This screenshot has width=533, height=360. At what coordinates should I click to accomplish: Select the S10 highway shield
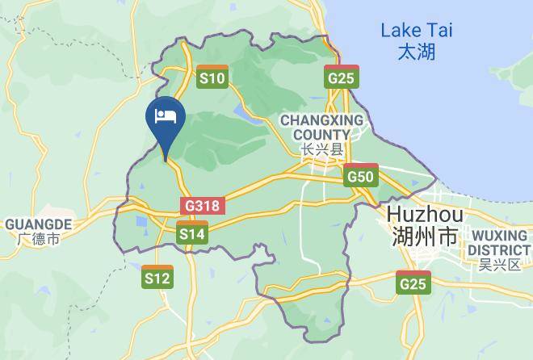click(x=213, y=77)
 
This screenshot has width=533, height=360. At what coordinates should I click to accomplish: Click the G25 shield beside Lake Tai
click(x=342, y=77)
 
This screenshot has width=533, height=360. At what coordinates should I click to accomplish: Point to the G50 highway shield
click(x=360, y=175)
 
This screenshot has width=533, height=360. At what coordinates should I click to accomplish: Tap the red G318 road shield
click(x=201, y=205)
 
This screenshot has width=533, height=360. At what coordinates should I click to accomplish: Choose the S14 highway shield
click(x=191, y=232)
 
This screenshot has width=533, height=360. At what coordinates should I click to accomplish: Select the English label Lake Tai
click(x=417, y=31)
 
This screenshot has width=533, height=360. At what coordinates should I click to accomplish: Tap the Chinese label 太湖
click(x=417, y=52)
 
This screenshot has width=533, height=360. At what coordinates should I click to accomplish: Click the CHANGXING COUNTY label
click(x=321, y=127)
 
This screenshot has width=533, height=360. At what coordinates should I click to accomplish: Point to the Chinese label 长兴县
click(x=321, y=149)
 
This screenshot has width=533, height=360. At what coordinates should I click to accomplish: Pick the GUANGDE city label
click(x=39, y=224)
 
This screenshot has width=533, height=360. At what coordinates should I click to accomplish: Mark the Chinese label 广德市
click(x=39, y=239)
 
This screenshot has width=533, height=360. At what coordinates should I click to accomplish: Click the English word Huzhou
click(x=425, y=215)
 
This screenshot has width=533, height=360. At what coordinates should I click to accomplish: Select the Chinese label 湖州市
click(x=425, y=237)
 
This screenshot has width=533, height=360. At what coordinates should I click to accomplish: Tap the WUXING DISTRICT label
click(x=499, y=241)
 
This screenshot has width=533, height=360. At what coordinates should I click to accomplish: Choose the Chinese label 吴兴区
click(x=499, y=264)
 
